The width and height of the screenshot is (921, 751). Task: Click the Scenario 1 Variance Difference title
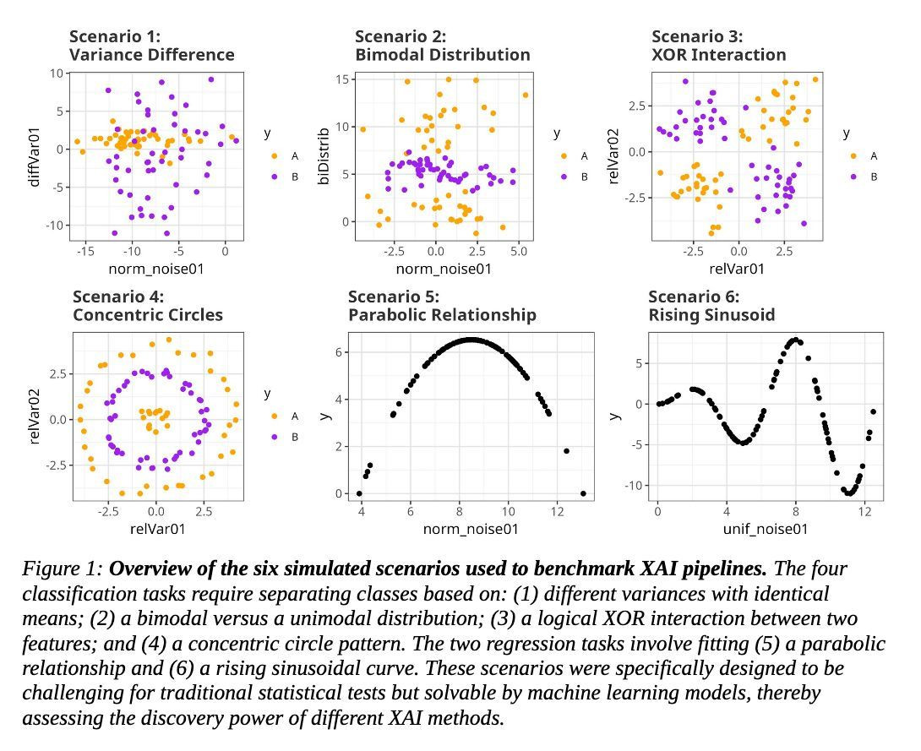[x=152, y=46]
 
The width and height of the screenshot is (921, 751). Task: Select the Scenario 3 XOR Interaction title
[x=718, y=46]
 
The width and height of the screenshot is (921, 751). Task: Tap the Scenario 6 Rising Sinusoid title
[x=711, y=306]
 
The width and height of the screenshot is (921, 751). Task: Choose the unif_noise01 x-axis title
[x=765, y=529]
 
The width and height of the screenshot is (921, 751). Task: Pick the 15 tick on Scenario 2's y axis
[x=344, y=79]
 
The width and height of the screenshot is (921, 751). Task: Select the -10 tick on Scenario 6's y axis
[x=631, y=486]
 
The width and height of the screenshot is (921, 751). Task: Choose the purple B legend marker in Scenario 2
[x=563, y=177]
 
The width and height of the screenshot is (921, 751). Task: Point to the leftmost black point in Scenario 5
[x=359, y=493]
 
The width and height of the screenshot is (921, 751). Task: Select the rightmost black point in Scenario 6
[x=873, y=411]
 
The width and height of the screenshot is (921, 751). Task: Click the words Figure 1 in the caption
[x=62, y=569]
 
